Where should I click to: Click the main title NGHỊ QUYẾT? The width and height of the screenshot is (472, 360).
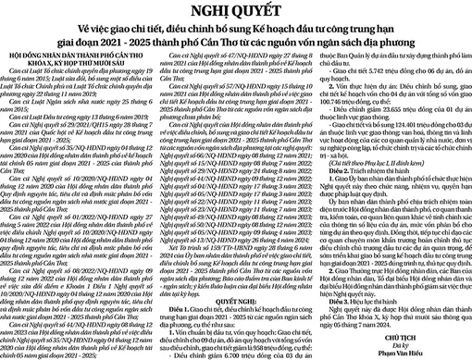tap(235, 12)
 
